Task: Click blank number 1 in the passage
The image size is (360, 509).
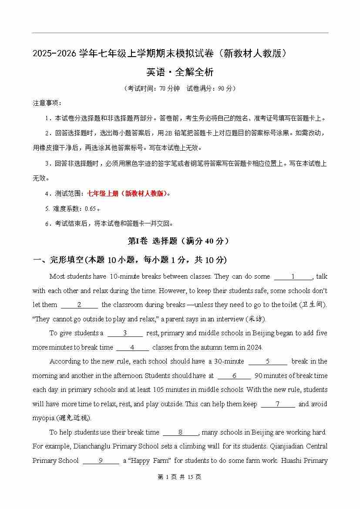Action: [293, 276]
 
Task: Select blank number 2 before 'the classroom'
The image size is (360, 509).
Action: [79, 305]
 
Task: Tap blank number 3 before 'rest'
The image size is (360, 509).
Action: [125, 333]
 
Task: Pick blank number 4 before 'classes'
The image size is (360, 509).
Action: [132, 347]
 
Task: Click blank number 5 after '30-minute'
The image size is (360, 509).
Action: [268, 361]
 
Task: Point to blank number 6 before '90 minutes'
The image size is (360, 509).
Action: [234, 376]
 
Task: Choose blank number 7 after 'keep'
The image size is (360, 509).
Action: [278, 404]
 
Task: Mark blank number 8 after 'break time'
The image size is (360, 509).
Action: [181, 432]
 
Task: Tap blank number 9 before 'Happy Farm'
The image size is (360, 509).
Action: [101, 461]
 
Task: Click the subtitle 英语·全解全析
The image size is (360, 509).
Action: [180, 72]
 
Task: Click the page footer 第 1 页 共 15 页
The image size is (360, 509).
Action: [180, 477]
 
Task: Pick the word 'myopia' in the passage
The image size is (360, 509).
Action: [43, 418]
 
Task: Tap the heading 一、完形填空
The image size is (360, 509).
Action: [58, 260]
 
